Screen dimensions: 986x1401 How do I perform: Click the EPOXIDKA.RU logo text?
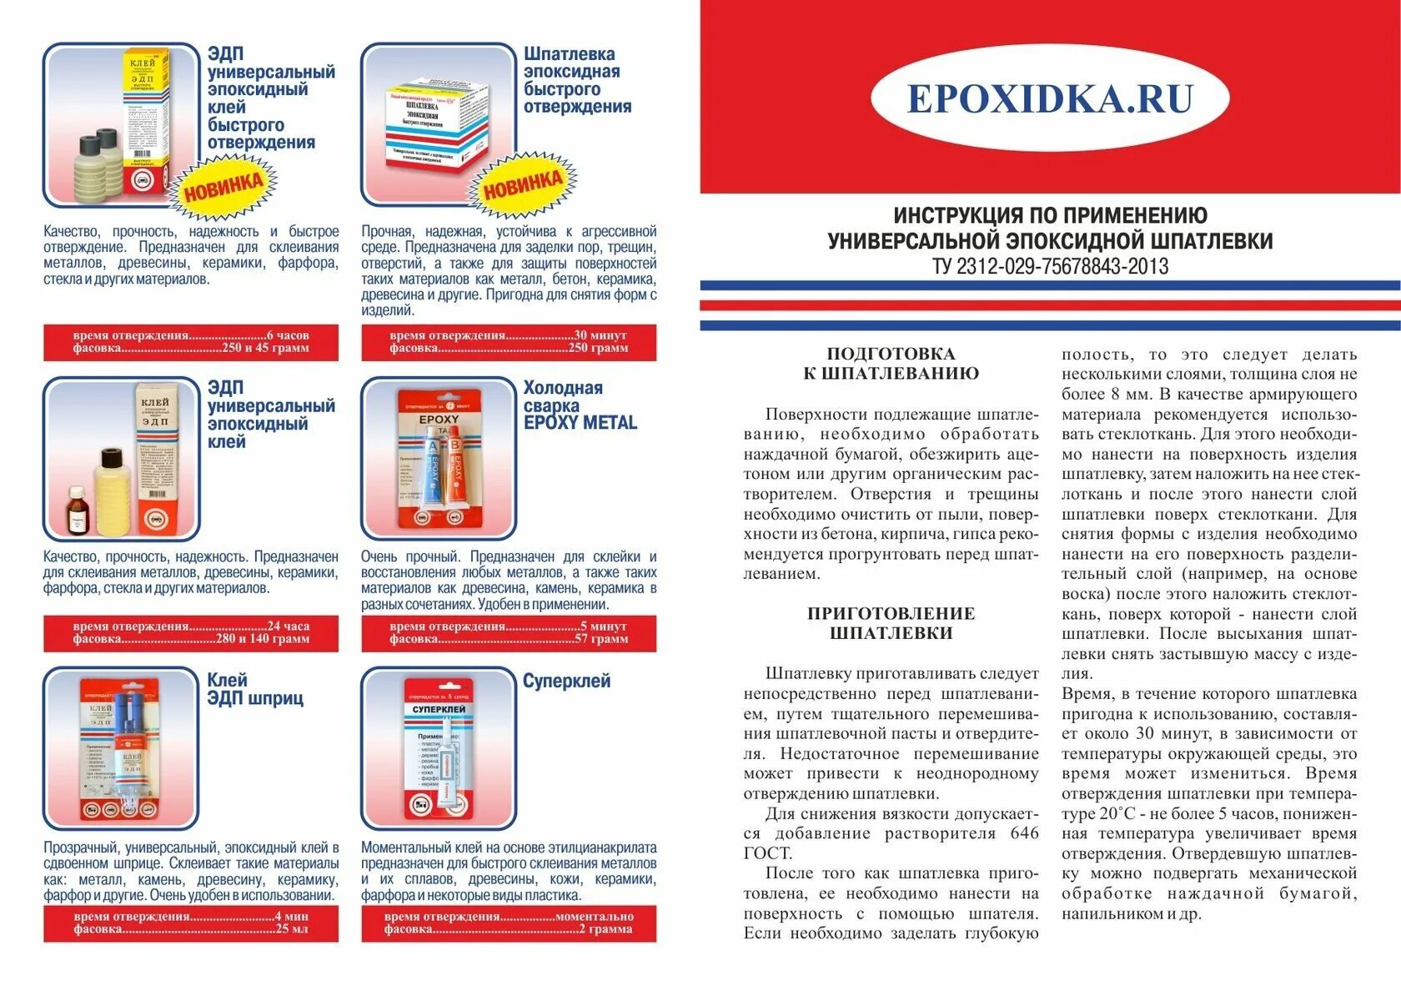[1049, 98]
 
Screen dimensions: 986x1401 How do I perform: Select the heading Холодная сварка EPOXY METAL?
[580, 405]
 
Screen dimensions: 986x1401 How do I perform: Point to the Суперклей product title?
[566, 681]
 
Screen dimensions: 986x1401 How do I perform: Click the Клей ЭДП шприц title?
[255, 689]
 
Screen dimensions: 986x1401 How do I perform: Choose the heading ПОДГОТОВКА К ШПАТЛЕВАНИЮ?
[891, 364]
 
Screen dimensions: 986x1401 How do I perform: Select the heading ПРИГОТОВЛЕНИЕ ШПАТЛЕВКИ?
[891, 623]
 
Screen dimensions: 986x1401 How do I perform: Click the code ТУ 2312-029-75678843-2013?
[1050, 267]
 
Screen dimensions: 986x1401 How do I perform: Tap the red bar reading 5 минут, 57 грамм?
[509, 633]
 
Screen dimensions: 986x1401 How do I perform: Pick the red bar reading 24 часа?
[191, 633]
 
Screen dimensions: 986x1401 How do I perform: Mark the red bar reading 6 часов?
[191, 342]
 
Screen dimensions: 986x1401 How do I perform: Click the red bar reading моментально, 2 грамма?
[509, 923]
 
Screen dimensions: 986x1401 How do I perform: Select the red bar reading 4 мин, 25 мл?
[191, 923]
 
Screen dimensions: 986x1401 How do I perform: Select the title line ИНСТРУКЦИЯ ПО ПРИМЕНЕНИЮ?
[1050, 215]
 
